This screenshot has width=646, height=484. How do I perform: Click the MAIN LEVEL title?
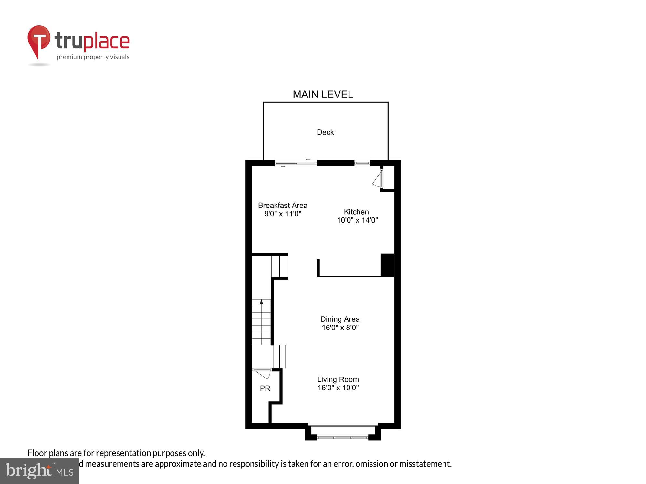pos(323,94)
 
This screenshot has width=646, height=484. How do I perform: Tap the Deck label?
pos(325,132)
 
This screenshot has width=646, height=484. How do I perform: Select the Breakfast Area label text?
pos(283,205)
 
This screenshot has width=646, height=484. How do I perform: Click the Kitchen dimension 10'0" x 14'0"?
pos(357,220)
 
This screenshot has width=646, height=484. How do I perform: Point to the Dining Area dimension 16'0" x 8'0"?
pos(340,328)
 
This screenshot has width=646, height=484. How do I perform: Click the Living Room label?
pos(338,379)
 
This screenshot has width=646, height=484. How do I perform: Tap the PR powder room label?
pos(265,388)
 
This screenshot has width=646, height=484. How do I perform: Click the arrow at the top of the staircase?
pos(261,302)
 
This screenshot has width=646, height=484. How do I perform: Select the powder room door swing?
pos(263,374)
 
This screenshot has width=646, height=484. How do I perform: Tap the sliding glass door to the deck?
pos(295,163)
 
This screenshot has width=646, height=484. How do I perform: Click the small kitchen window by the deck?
pos(362,163)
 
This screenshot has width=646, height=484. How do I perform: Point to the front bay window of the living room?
pos(342,437)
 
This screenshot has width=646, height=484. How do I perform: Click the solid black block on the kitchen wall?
pos(388,265)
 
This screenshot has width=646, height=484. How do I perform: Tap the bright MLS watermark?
pos(39,471)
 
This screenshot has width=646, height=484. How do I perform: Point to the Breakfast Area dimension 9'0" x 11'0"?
pos(283,214)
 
